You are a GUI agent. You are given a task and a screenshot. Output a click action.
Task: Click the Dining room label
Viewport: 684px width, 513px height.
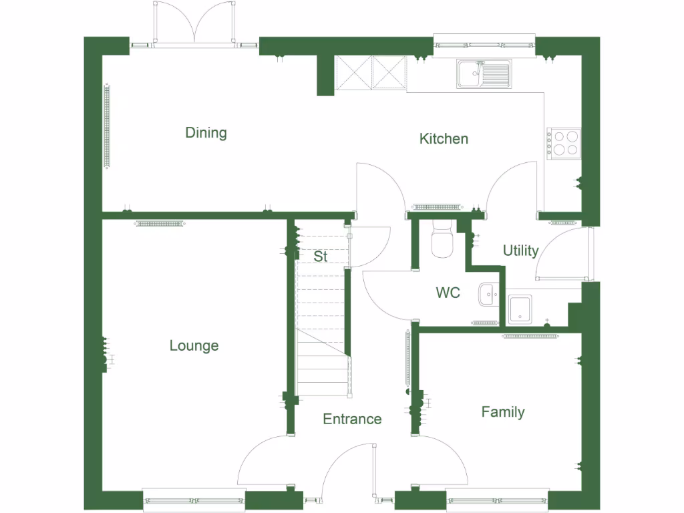click(x=206, y=133)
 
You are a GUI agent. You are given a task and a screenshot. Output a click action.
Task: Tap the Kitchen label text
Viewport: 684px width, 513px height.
click(x=444, y=139)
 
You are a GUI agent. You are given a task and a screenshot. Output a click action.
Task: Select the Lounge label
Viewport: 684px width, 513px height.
click(x=194, y=346)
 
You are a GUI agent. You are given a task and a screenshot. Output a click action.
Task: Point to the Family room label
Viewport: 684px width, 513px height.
click(x=503, y=412)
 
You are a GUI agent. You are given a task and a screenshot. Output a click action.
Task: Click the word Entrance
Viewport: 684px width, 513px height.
click(x=352, y=419)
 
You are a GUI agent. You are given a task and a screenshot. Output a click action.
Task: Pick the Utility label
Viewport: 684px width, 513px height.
click(x=520, y=251)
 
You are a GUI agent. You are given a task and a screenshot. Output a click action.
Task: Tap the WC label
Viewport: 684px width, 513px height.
click(x=448, y=293)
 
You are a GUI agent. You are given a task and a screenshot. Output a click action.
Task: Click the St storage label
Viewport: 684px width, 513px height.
click(x=321, y=256)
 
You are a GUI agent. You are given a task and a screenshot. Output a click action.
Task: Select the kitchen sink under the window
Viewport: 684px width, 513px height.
click(x=484, y=73)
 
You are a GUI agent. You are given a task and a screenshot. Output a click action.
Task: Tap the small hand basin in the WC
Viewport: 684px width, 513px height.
click(x=488, y=293)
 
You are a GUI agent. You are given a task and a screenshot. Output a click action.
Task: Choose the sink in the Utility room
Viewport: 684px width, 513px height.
click(x=520, y=309)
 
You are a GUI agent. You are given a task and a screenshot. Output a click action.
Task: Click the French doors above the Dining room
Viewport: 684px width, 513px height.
click(x=194, y=23)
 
